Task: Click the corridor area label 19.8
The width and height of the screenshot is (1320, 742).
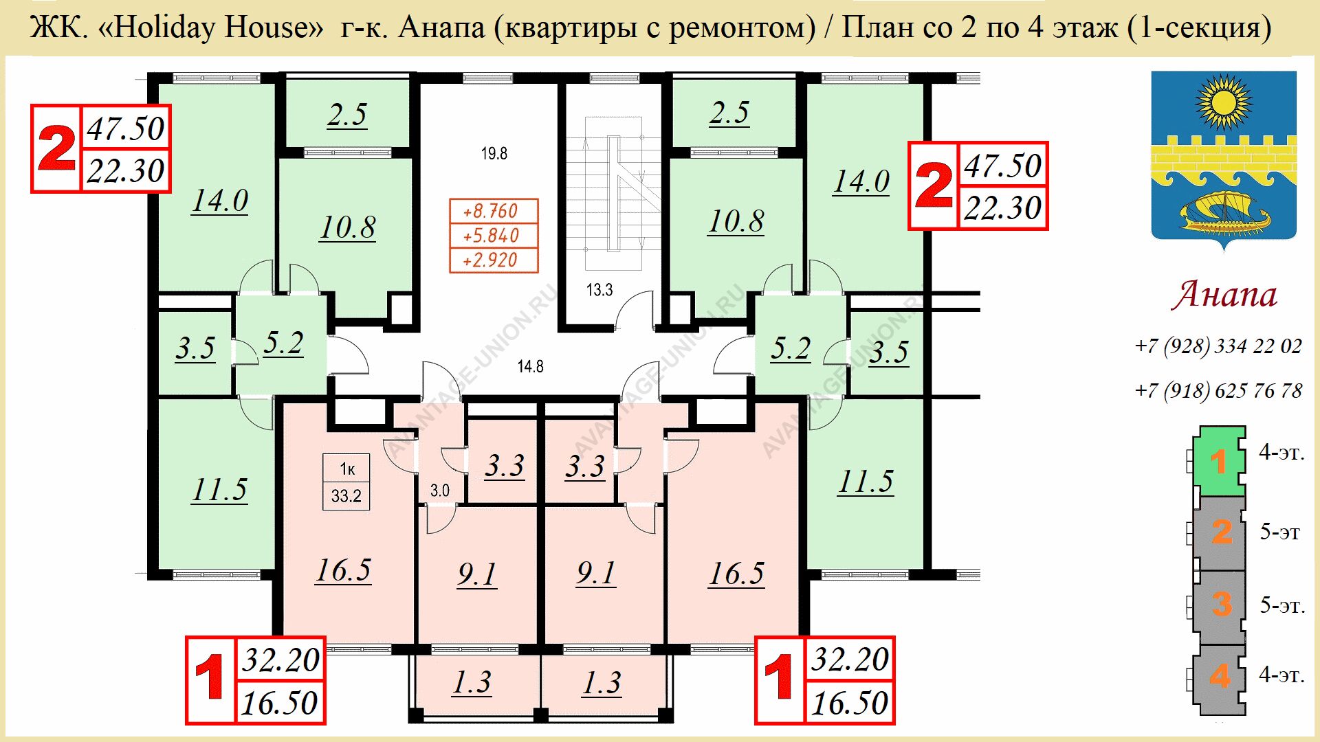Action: (x=494, y=153)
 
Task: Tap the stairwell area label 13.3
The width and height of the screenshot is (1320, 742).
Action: (x=599, y=290)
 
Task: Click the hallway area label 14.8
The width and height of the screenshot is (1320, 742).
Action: (x=530, y=366)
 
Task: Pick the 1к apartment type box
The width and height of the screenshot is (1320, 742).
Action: (x=346, y=469)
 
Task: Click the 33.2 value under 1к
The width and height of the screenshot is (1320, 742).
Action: (x=346, y=496)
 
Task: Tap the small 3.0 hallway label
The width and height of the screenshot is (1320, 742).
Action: (x=439, y=491)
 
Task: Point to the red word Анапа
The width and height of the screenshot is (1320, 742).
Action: (x=1224, y=294)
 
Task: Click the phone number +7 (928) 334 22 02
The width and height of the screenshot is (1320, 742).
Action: (x=1218, y=346)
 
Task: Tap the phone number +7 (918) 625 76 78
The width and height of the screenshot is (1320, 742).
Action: (x=1218, y=391)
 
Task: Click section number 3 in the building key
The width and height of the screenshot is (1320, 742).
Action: (x=1221, y=604)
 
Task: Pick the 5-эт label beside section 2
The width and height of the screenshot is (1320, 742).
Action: (x=1279, y=532)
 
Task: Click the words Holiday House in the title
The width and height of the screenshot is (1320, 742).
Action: (x=217, y=27)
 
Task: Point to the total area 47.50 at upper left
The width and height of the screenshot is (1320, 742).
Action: (x=126, y=128)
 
